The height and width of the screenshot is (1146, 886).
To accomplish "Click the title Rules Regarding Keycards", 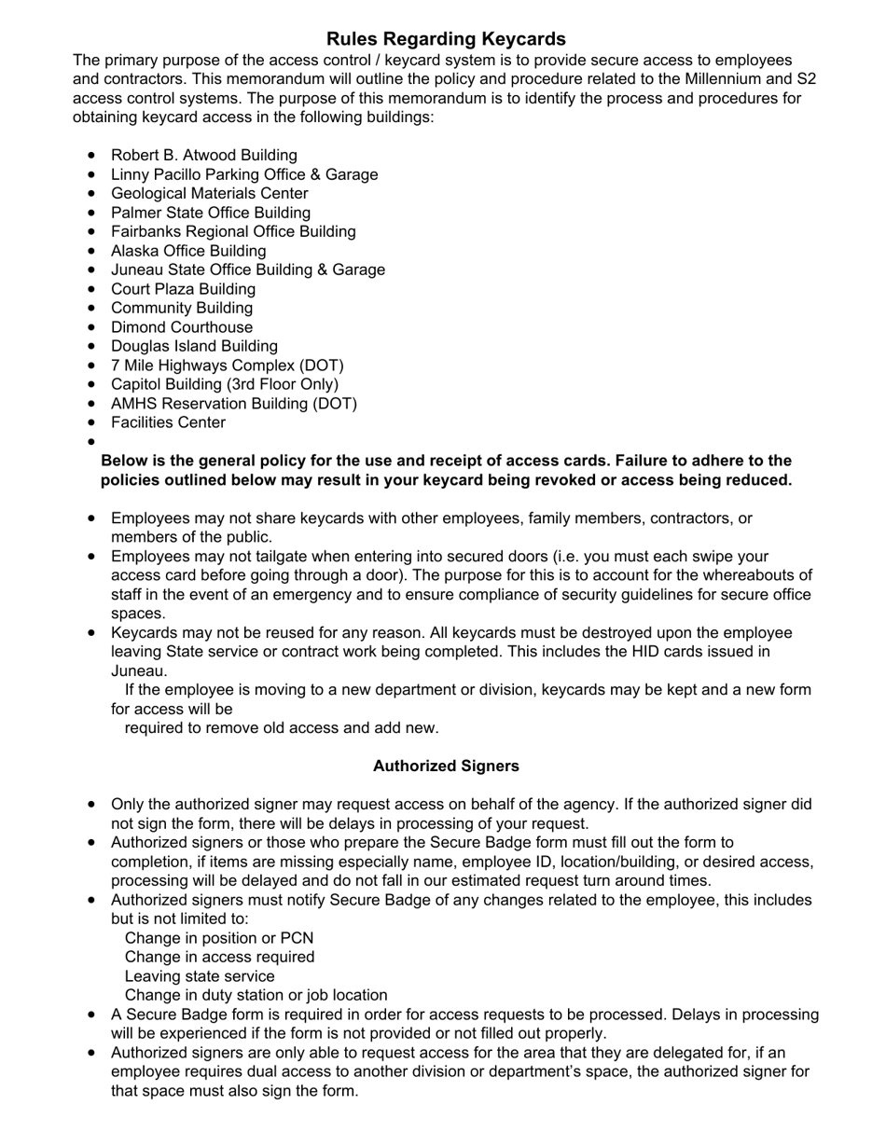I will point(446,39).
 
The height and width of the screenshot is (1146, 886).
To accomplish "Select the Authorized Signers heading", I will point(446,766).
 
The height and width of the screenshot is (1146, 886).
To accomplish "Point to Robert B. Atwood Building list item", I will point(203,156).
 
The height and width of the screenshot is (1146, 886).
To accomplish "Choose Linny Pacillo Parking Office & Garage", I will point(244,174).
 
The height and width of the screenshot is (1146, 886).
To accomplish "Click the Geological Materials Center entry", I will point(209,194).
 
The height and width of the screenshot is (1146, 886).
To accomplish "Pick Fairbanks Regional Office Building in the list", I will point(233,232).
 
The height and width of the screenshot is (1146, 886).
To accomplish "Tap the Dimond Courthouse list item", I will point(181,327).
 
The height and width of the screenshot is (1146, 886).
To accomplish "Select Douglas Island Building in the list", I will point(194,347).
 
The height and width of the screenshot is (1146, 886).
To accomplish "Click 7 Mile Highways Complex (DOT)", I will point(227,366).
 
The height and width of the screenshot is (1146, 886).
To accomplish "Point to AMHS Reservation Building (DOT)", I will point(233,404).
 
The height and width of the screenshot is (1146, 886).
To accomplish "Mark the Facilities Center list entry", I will point(168,423).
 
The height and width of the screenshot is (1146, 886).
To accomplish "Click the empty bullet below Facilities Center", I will point(91,442).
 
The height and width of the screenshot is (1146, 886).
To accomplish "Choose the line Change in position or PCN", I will point(219,938).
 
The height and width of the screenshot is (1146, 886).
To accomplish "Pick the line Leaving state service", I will point(200,976).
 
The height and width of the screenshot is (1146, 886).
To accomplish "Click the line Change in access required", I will point(219,958).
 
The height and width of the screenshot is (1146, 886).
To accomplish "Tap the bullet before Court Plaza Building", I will point(91,289).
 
